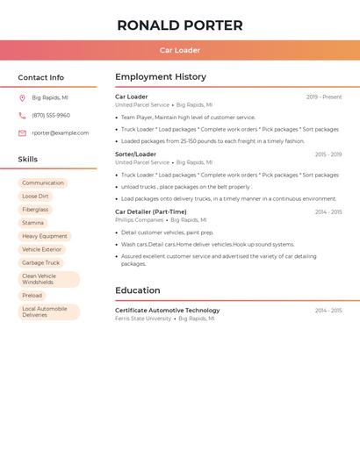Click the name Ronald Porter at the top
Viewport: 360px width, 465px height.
pos(180,25)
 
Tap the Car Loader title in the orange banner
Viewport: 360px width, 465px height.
pos(180,50)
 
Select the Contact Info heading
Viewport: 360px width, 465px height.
pos(41,77)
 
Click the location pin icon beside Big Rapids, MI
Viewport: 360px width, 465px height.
pos(22,97)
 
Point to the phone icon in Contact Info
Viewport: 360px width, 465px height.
pos(22,115)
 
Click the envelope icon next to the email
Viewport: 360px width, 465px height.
pos(22,132)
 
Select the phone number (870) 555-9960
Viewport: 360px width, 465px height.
pos(51,115)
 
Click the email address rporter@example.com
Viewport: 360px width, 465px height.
pos(61,132)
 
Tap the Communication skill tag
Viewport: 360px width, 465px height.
pos(43,183)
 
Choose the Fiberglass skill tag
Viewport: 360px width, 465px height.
pos(35,210)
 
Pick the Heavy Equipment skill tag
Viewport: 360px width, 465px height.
pos(45,236)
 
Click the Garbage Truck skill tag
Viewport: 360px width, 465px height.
pos(41,262)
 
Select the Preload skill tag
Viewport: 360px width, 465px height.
pos(32,296)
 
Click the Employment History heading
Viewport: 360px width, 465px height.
pos(161,77)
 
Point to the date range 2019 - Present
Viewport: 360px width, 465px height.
pos(324,97)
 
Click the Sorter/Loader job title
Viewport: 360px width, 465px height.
pos(135,154)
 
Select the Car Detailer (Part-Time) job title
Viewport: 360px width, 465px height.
pos(151,211)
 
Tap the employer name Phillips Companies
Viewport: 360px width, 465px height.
pos(139,220)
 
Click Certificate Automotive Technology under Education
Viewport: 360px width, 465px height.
pos(168,310)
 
